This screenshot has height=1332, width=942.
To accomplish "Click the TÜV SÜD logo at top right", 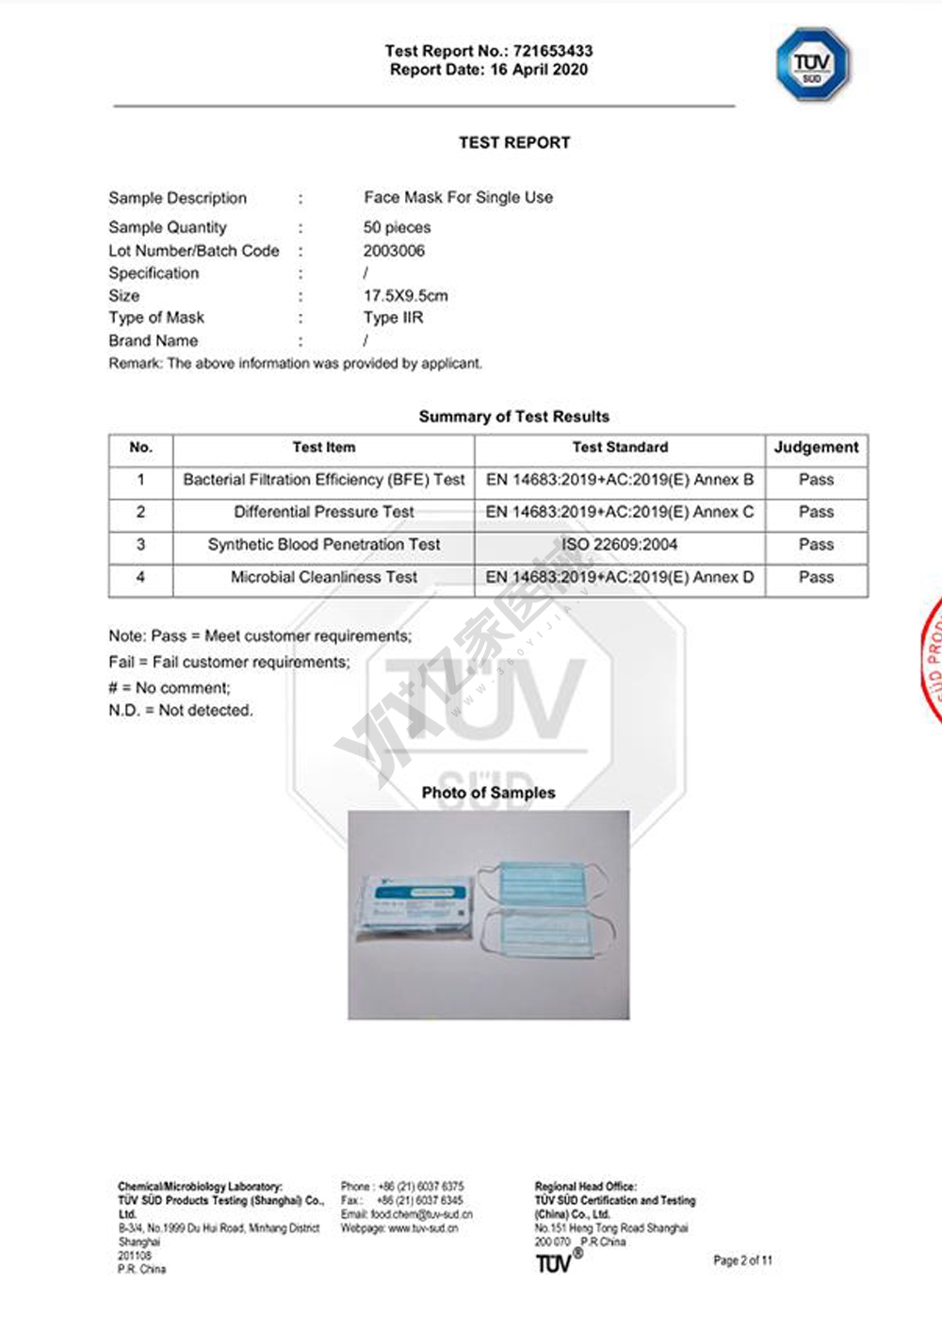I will tap(812, 64).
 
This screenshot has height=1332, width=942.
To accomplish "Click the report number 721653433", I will tap(553, 51).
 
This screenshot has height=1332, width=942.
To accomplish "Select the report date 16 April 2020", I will tap(539, 70).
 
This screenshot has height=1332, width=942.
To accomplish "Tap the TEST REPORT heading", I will tap(514, 143).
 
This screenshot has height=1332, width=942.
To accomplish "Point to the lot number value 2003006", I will tap(394, 251).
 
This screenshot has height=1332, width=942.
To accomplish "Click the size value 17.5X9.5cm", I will tap(405, 295).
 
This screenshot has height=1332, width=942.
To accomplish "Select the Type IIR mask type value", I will tap(393, 318).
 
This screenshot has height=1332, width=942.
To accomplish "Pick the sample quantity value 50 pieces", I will tap(397, 227).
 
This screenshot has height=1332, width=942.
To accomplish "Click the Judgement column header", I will tap(816, 448).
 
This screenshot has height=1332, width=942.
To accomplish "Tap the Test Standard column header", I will tap(620, 448).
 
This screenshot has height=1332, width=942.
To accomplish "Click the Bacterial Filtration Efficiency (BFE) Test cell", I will tap(324, 480).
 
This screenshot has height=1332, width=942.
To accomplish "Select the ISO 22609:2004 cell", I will tap(620, 545).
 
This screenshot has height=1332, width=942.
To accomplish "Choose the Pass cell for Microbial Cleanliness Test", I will tap(816, 577).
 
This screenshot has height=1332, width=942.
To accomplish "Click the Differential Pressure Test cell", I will tap(324, 512).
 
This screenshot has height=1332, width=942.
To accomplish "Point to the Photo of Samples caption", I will tap(488, 793).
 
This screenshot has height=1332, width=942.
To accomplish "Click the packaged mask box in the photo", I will tap(416, 906).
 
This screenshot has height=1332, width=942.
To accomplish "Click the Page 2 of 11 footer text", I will tap(742, 1260).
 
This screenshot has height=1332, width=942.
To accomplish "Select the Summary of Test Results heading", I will tap(513, 417).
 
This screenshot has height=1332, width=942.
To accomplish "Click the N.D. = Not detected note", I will tap(181, 711).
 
